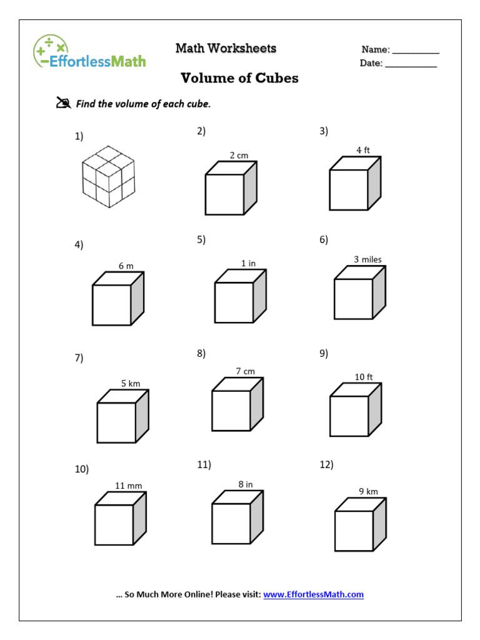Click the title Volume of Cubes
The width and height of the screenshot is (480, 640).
(239, 78)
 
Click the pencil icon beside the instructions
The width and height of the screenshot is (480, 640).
(63, 103)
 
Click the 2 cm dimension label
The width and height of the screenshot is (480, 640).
(239, 155)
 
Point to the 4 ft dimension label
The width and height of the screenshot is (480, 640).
(363, 150)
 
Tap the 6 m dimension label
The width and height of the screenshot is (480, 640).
(126, 266)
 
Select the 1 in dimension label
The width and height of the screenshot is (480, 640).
(248, 263)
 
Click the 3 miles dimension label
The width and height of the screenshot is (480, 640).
(367, 259)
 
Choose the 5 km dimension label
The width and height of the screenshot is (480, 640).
(131, 383)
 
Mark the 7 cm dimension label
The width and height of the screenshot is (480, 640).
(245, 371)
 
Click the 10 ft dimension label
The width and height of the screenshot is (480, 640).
(364, 377)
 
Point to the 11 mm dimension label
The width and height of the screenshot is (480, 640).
(128, 486)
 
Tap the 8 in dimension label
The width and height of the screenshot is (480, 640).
(245, 484)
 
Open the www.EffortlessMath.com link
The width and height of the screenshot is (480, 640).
(313, 594)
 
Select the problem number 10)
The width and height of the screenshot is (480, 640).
(82, 469)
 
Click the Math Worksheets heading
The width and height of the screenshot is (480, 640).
(226, 48)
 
